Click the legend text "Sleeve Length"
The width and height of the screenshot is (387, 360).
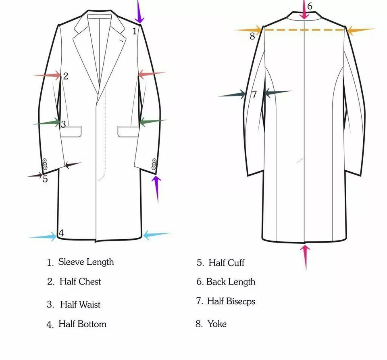(86, 262)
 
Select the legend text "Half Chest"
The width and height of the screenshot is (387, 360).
(80, 282)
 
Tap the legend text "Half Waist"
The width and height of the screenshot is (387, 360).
(80, 305)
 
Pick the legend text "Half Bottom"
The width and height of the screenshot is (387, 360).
(82, 324)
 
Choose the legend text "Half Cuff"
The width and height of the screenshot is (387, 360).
(226, 263)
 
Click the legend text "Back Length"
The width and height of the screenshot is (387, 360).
(231, 282)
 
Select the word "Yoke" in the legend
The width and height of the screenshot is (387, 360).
(217, 324)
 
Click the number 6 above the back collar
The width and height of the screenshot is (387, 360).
(310, 6)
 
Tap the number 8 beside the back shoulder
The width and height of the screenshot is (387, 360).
(252, 36)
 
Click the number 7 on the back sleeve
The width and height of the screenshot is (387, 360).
(254, 94)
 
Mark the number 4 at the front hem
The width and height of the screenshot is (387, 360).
(61, 233)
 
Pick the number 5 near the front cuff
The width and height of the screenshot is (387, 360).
(45, 179)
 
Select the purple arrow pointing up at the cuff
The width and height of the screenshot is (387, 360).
(156, 188)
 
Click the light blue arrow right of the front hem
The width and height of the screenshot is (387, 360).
(156, 234)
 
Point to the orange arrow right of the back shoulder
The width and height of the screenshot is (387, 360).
(360, 30)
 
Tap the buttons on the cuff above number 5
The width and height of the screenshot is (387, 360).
(44, 164)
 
